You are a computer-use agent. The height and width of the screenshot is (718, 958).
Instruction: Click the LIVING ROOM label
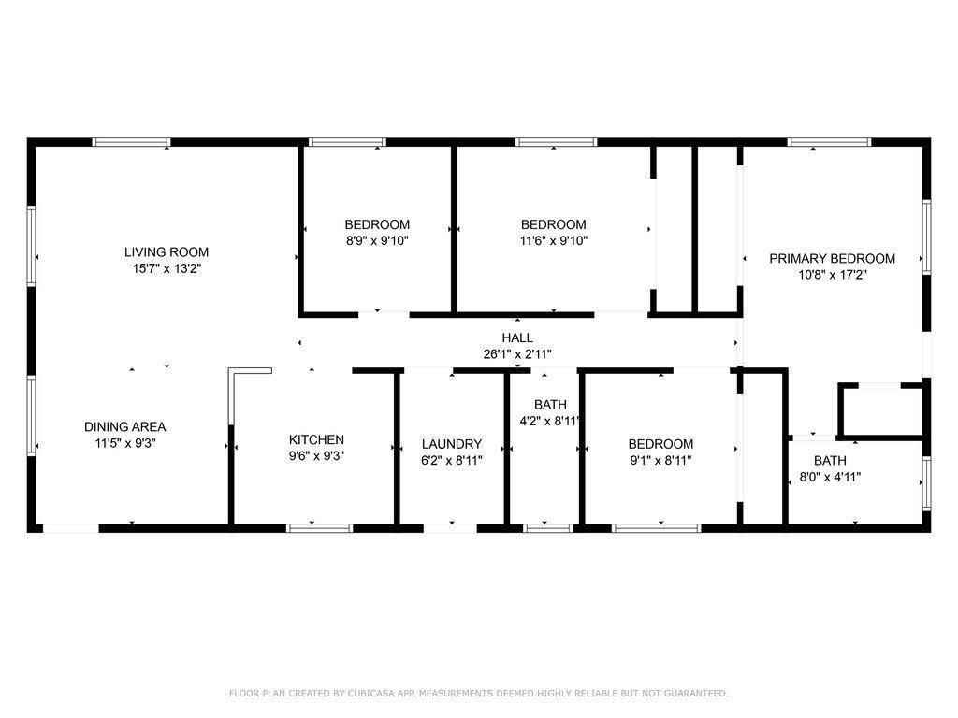[x=167, y=252]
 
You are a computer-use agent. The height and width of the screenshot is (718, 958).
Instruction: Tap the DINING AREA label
[x=125, y=426]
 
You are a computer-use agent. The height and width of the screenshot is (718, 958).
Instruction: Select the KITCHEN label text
[x=316, y=439]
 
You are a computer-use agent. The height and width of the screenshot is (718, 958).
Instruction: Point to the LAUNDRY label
[x=452, y=444]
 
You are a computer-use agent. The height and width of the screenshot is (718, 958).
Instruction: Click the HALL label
[x=517, y=337]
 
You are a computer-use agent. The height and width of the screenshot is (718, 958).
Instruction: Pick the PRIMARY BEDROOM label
[x=832, y=258]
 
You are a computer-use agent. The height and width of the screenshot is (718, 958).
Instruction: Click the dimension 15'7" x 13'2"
[x=167, y=268]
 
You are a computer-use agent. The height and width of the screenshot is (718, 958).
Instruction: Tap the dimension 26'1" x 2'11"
[x=517, y=354]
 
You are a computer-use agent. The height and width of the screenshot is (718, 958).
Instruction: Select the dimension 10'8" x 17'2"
[x=832, y=275]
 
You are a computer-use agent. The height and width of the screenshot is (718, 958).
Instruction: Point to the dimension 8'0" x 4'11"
[x=831, y=477]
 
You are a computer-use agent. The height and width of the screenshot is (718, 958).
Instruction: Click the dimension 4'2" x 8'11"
[x=549, y=421]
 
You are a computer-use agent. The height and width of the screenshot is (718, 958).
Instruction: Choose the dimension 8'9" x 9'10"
[x=377, y=240]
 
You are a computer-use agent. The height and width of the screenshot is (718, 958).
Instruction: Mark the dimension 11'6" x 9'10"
[x=554, y=240]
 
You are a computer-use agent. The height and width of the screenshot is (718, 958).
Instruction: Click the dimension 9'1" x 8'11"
[x=660, y=460]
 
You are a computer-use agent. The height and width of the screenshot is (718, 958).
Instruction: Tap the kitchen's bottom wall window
[x=320, y=528]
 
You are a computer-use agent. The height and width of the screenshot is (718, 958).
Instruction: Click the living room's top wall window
[x=131, y=142]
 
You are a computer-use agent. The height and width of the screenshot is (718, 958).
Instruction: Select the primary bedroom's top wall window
[x=829, y=142]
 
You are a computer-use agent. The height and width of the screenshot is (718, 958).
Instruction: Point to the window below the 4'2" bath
[x=547, y=528]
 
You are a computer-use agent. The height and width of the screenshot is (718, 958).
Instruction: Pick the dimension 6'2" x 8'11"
[x=452, y=460]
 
